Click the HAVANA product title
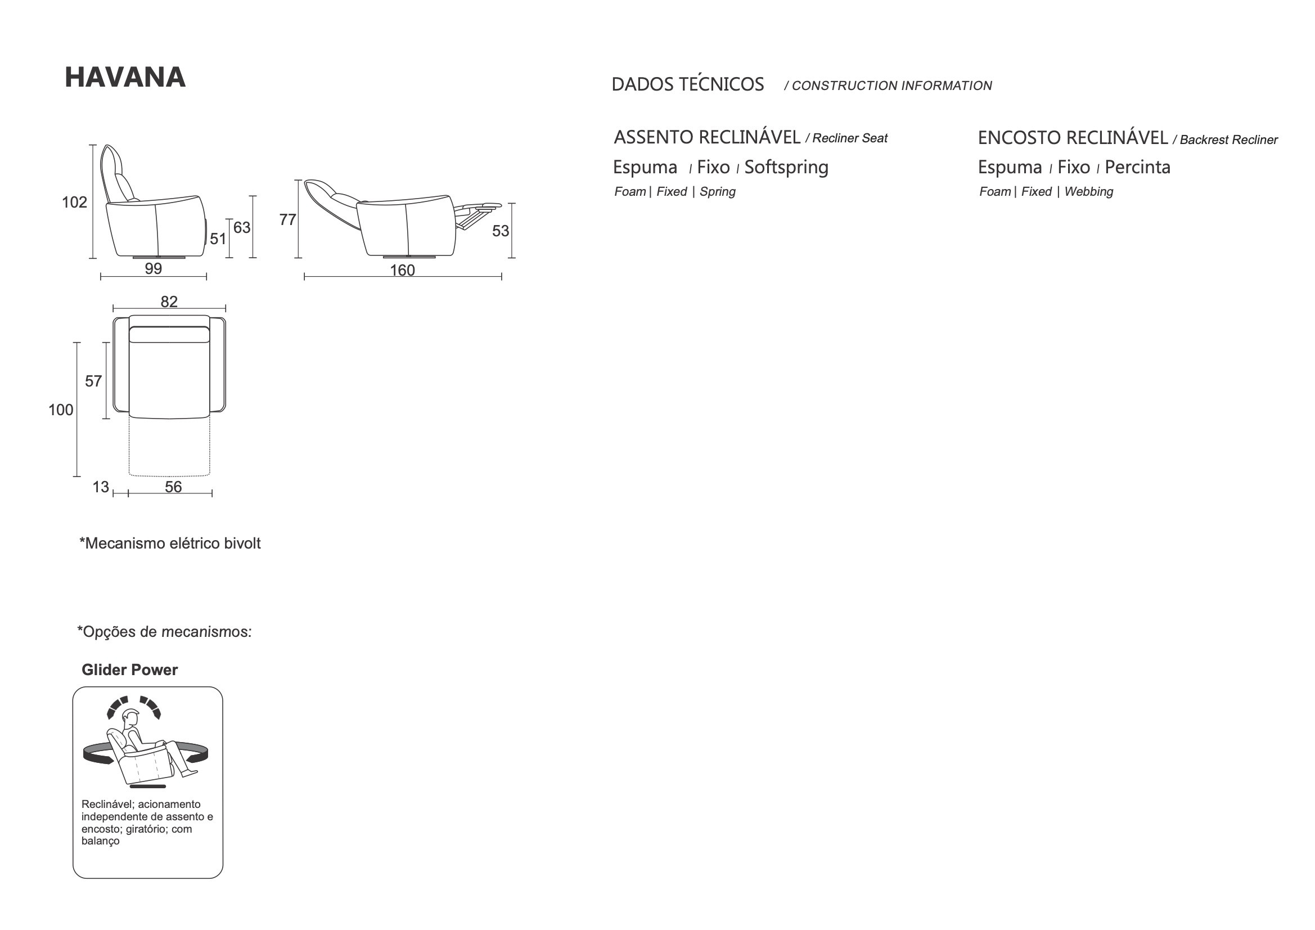point(125,77)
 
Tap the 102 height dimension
point(74,203)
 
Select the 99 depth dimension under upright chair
point(154,268)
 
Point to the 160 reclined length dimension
point(402,270)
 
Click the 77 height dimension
point(287,219)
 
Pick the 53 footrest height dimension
point(500,231)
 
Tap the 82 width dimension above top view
point(169,302)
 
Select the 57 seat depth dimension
point(93,381)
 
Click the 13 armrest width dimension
point(101,487)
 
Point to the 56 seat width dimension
point(173,487)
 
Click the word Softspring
point(786,167)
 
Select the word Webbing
point(1088,192)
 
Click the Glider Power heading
point(129,670)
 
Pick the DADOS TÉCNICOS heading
point(687,85)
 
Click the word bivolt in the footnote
point(242,543)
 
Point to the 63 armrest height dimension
point(242,227)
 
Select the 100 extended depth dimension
point(61,410)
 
